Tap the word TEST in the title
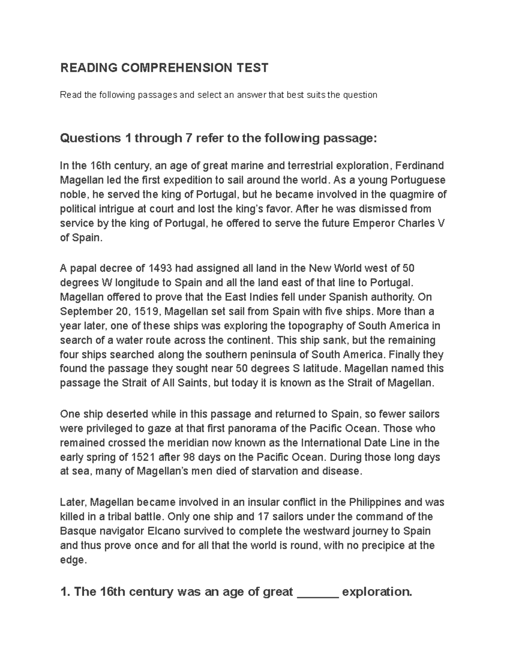251,68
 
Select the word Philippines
375,502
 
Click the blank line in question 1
317,592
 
